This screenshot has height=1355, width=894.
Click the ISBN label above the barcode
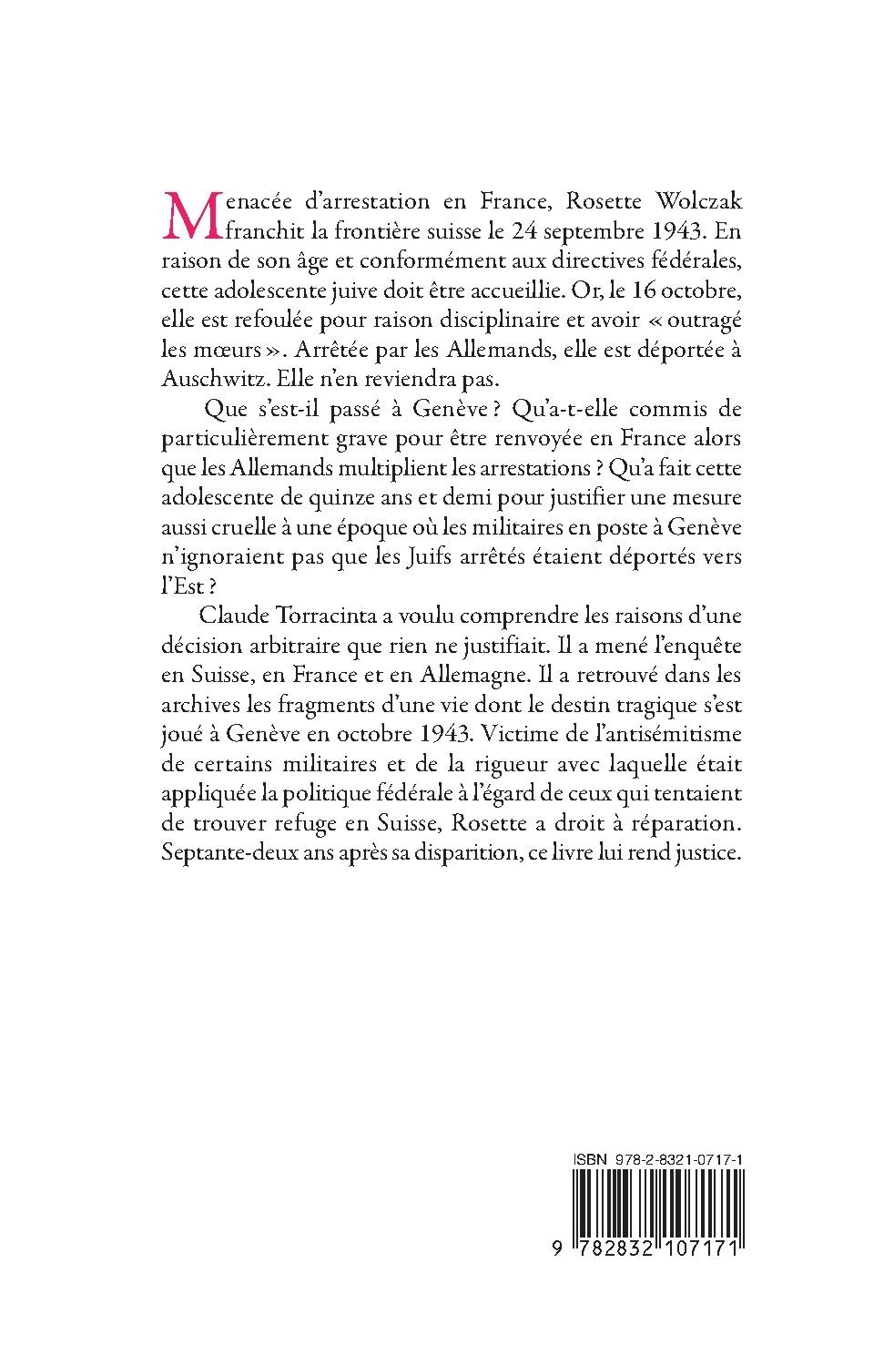pos(587,1154)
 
